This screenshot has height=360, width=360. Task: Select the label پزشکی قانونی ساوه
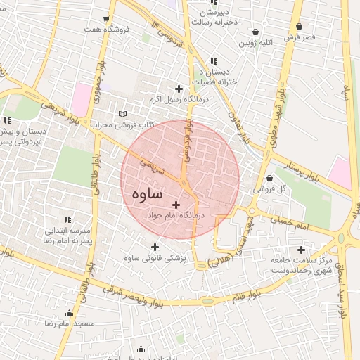pos(154,259)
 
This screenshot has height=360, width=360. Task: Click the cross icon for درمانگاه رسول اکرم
pos(179,89)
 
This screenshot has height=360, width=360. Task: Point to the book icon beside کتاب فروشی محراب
pos(124,114)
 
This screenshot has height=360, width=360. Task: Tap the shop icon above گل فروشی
pos(271,178)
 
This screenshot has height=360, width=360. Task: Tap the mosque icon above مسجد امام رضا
pos(69,314)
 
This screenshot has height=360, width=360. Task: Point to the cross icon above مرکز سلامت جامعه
pos(302,250)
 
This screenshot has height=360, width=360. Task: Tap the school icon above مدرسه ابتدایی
pos(68,220)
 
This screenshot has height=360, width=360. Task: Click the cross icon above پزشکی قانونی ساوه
pos(155,247)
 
